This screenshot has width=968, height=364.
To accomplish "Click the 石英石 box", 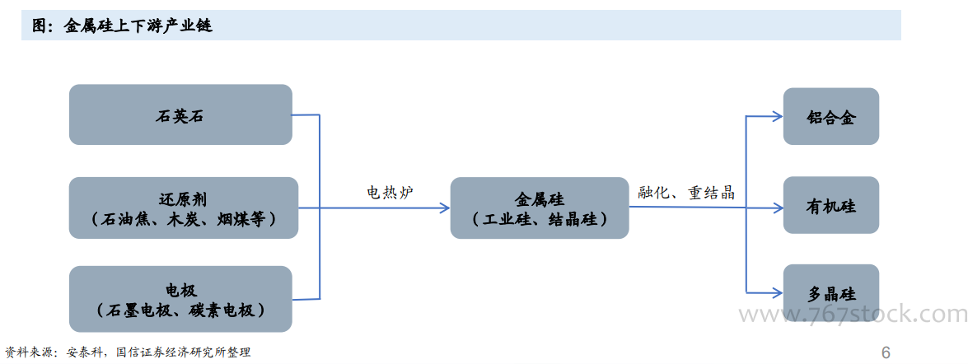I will (180, 114).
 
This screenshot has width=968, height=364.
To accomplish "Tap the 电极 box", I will (180, 299).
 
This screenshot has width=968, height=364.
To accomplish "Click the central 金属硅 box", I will (539, 208).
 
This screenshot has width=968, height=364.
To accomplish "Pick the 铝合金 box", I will (830, 117).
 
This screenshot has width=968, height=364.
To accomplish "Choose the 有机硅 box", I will (830, 206).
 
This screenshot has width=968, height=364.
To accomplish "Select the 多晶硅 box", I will (830, 294).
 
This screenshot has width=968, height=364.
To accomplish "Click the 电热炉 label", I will (390, 193).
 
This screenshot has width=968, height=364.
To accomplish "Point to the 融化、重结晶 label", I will (686, 193).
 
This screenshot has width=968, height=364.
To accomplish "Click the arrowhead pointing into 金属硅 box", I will (445, 208).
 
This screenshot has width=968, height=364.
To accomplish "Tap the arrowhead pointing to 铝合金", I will (777, 116).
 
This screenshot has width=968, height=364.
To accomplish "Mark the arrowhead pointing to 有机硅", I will (777, 207).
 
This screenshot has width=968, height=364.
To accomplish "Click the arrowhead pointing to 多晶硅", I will (777, 293).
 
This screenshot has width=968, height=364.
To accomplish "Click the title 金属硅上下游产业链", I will (138, 26).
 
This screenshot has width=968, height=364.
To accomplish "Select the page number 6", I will (886, 353).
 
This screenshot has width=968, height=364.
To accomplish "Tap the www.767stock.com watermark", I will (852, 315).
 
